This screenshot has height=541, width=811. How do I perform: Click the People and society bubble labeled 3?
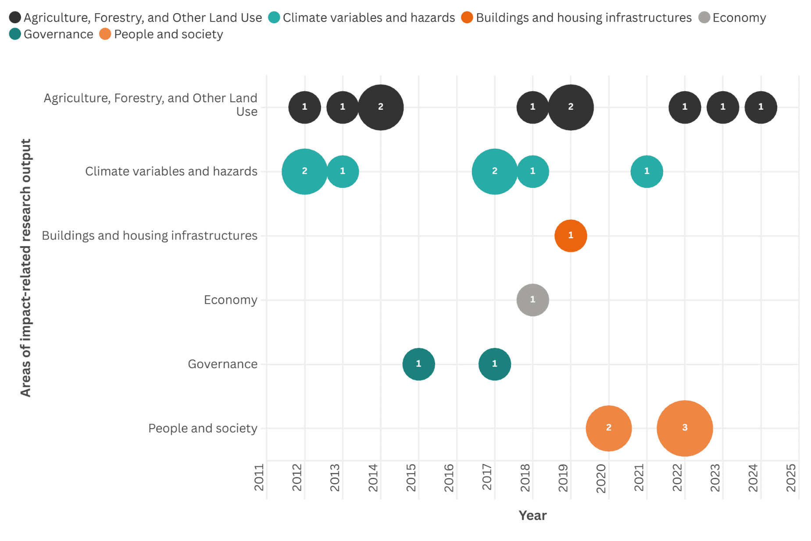(x=684, y=428)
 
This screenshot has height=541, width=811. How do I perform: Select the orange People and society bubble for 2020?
(x=608, y=428)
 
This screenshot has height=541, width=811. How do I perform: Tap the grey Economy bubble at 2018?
(x=532, y=300)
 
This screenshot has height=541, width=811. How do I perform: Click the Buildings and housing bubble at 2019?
(x=570, y=236)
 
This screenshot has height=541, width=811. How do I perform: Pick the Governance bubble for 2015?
(x=418, y=364)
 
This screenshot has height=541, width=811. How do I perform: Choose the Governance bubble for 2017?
(x=494, y=364)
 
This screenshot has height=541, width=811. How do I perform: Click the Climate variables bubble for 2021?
(x=647, y=171)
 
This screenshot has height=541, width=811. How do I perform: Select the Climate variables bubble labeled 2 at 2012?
(x=304, y=171)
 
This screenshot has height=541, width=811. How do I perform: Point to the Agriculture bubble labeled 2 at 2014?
(x=380, y=107)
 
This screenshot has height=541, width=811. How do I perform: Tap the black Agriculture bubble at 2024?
(x=761, y=107)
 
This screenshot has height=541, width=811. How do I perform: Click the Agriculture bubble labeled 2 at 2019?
(x=570, y=107)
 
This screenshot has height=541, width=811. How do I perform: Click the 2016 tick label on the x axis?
(x=449, y=478)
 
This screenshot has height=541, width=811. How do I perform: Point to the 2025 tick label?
(x=791, y=478)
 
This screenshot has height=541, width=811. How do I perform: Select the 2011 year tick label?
(x=259, y=478)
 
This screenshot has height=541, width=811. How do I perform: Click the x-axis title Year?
(x=532, y=515)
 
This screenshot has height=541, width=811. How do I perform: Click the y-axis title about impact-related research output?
(x=25, y=268)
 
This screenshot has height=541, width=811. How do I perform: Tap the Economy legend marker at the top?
(x=704, y=18)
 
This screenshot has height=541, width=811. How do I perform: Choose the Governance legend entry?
(x=52, y=34)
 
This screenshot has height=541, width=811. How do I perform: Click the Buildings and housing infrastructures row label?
(x=149, y=236)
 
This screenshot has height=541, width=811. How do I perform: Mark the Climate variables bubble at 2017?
(x=494, y=171)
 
